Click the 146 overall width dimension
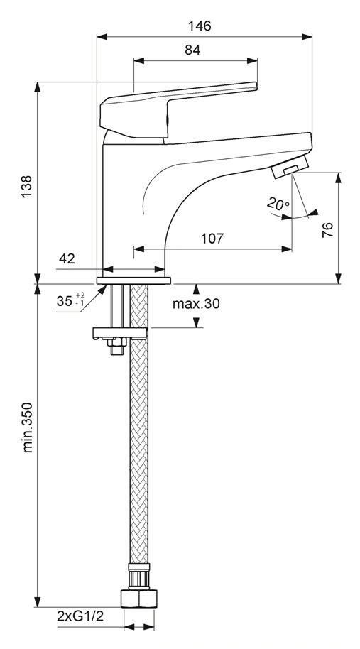[x=200, y=26]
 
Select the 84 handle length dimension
[x=192, y=50]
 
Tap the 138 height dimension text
[x=26, y=186]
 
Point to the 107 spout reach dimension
[x=212, y=239]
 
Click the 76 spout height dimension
[x=327, y=230]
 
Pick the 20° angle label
[x=278, y=204]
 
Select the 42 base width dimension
[x=67, y=258]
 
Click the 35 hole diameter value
[x=65, y=301]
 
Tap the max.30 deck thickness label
[x=196, y=304]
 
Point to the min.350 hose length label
[x=27, y=427]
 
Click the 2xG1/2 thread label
[x=80, y=616]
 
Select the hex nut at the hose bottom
[x=139, y=599]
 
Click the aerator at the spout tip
[x=290, y=166]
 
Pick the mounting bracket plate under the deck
[x=119, y=333]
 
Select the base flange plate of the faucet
[x=133, y=280]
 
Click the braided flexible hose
[x=139, y=422]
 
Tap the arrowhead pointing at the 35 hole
[x=102, y=290]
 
